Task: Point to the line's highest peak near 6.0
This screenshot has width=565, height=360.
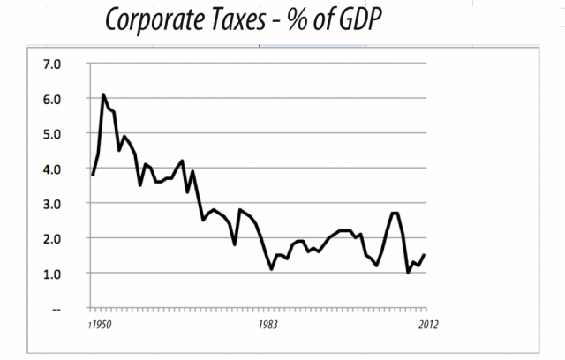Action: (103, 94)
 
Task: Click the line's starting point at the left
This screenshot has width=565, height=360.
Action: (93, 175)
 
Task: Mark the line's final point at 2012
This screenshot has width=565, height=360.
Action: (425, 255)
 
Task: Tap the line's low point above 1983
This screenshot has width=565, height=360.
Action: (272, 269)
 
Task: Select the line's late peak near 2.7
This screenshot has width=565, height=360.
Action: (395, 214)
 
